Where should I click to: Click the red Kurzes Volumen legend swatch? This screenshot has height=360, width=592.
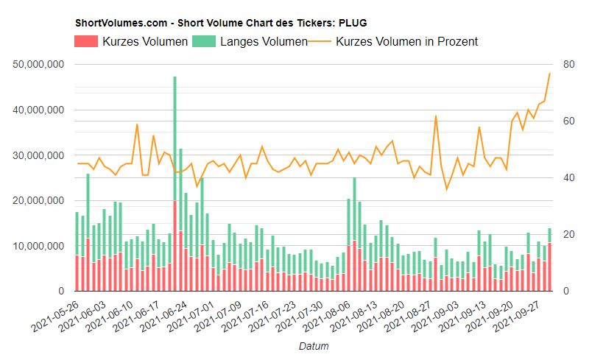[x=87, y=42]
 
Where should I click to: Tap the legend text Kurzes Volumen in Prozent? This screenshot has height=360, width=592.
[x=406, y=42]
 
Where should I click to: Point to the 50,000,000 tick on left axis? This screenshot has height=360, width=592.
[x=40, y=65]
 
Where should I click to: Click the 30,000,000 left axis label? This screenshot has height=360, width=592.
[x=40, y=155]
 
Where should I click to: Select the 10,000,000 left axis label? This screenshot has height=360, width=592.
[x=40, y=246]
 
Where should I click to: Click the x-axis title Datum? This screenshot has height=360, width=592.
[x=314, y=345]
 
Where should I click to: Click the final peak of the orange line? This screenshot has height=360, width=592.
[x=549, y=73]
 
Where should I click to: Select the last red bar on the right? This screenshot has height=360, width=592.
[x=549, y=267]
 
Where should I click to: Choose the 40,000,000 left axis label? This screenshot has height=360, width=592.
[x=40, y=110]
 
